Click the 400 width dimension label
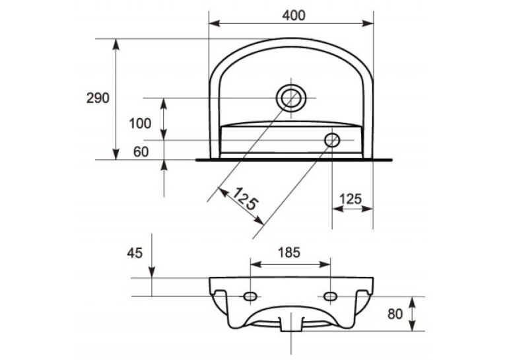(294, 15)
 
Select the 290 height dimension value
(98, 98)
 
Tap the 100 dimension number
(140, 124)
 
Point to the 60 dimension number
(141, 152)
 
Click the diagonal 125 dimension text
(246, 199)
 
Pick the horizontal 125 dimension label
(351, 199)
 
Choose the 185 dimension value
(289, 253)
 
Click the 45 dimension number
(135, 253)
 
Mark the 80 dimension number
(395, 314)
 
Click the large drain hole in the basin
(291, 98)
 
